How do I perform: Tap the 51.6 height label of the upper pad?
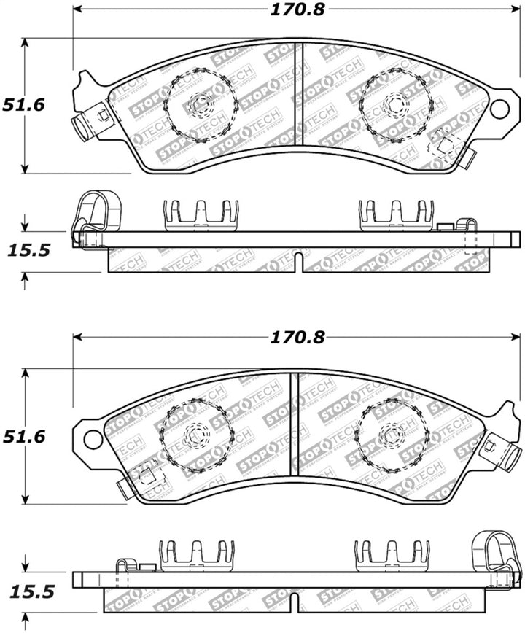point(23,105)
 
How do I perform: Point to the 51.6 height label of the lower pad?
point(23,437)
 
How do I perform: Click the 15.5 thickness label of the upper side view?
point(28,251)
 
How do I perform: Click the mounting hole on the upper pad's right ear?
point(499,109)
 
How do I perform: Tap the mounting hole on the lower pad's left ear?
point(93,439)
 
